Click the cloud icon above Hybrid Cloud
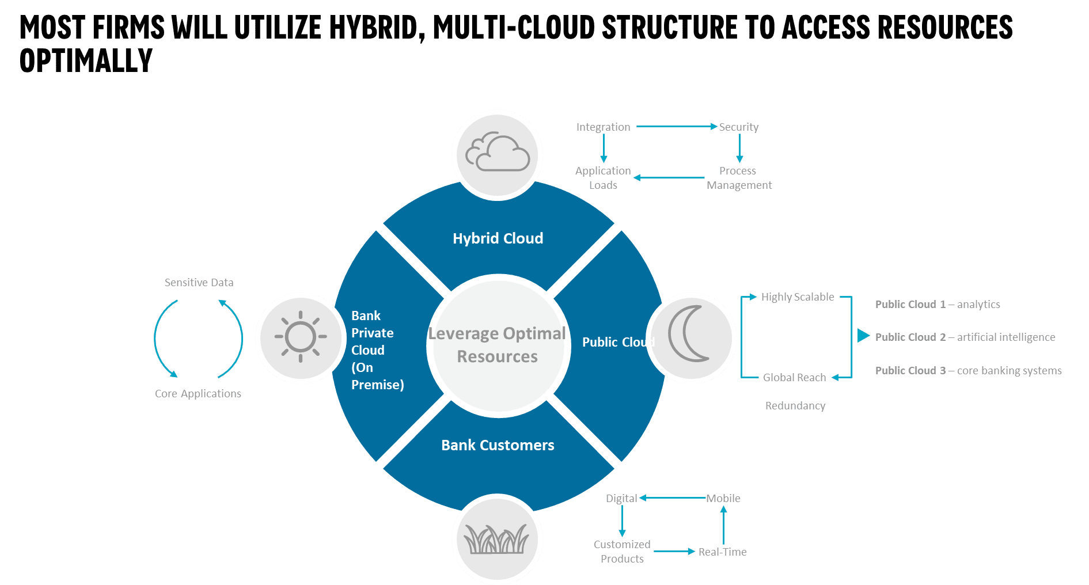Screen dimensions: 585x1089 (498, 154)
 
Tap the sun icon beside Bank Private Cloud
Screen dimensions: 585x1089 (301, 337)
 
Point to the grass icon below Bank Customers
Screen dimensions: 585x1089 (496, 539)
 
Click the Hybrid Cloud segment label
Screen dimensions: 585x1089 (498, 238)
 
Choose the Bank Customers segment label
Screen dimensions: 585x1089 (498, 445)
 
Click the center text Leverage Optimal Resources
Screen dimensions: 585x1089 (498, 345)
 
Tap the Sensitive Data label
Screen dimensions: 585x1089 (199, 283)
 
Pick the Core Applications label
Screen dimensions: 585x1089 (198, 394)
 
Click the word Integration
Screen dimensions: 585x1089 (603, 127)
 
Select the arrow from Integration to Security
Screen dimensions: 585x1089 (676, 127)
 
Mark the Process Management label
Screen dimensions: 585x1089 (739, 178)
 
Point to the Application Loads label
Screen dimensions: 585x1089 (603, 178)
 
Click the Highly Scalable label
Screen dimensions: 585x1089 (797, 297)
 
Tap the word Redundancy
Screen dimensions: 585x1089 (795, 406)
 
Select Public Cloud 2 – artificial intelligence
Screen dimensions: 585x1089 (965, 337)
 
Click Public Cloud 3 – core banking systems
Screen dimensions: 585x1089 (968, 371)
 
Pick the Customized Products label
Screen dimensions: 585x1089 (622, 552)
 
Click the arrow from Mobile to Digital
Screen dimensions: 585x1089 (673, 498)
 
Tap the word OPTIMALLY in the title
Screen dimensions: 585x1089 (86, 60)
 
